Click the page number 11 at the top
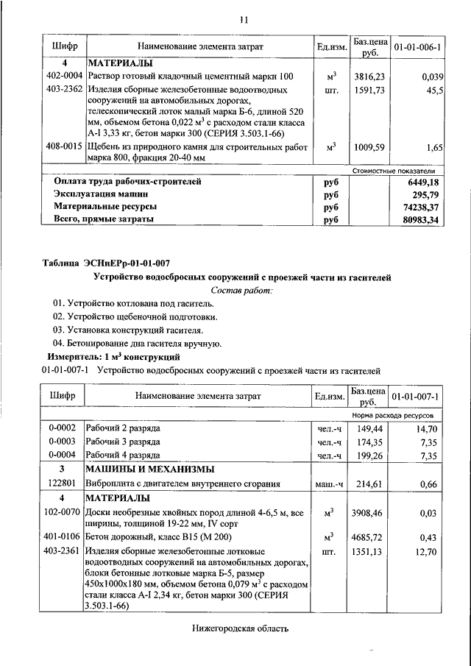click(x=244, y=19)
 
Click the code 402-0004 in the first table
click(x=63, y=76)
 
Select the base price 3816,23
click(x=369, y=76)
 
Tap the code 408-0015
click(x=63, y=146)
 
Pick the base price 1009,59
click(x=369, y=147)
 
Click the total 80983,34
click(x=422, y=219)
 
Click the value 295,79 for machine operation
click(x=426, y=194)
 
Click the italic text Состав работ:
click(x=241, y=291)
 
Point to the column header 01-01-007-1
click(x=417, y=397)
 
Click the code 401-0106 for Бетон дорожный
click(x=63, y=536)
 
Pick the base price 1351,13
click(x=369, y=550)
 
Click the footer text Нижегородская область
click(x=238, y=628)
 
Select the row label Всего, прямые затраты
click(x=105, y=219)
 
